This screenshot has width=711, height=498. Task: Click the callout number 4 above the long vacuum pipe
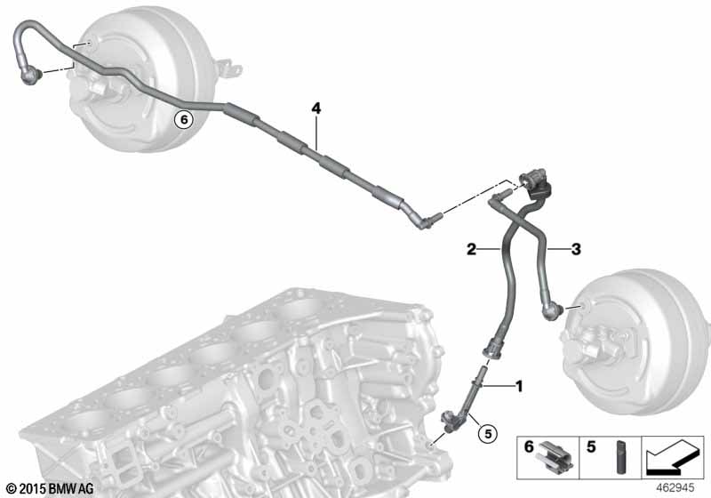tap(316, 108)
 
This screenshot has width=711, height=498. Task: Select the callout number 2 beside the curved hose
tap(472, 249)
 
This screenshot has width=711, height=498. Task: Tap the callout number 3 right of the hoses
tap(576, 249)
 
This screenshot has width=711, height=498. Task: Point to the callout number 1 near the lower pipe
tap(519, 386)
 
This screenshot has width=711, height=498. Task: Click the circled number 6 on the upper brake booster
tap(184, 120)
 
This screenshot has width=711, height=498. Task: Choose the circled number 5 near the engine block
tap(488, 434)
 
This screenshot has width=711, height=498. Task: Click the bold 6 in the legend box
tap(529, 446)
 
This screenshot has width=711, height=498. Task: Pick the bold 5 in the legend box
tap(591, 446)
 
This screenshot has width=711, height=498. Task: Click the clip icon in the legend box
tap(555, 455)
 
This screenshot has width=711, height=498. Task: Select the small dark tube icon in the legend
tap(620, 457)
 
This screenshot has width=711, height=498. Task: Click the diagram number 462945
tap(675, 488)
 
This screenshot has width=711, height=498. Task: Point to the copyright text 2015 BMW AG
tap(50, 488)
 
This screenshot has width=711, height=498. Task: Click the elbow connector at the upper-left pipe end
tap(31, 75)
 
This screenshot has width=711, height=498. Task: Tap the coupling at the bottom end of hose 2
tap(492, 349)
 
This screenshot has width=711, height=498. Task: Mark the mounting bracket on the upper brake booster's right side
tap(230, 69)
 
